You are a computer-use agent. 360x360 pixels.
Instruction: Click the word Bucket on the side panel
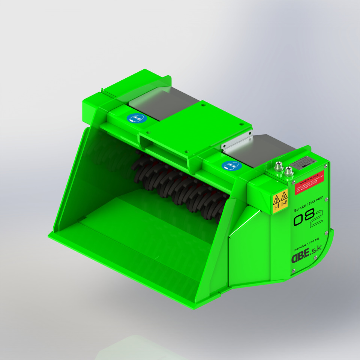[x=299, y=210]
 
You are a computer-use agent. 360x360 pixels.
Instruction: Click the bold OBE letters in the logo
[x=301, y=258]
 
